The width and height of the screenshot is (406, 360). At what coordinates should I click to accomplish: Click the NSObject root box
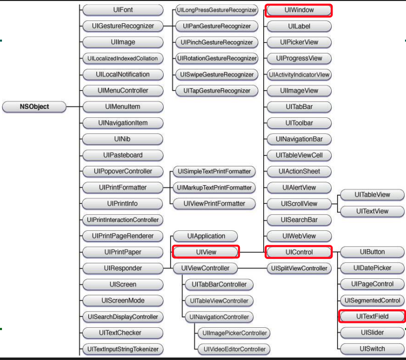tap(34, 106)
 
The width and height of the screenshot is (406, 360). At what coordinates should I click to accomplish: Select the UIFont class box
tap(122, 10)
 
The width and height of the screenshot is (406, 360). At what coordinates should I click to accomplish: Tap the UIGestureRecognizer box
tap(122, 26)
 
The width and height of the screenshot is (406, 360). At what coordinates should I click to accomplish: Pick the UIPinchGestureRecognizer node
tap(217, 42)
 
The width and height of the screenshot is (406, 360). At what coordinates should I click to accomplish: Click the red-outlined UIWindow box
tap(299, 10)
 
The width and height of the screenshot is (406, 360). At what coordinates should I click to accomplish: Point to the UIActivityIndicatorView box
tap(299, 74)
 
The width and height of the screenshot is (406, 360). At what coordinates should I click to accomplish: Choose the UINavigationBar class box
tap(299, 139)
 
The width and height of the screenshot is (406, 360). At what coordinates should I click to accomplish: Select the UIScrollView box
tap(299, 204)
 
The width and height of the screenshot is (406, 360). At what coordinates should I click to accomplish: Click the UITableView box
tap(372, 195)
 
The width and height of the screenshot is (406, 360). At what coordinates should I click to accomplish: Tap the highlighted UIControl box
tap(299, 252)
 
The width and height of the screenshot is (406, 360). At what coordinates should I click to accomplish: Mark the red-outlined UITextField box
tap(372, 316)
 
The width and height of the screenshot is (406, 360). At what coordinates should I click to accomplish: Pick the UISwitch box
tap(372, 349)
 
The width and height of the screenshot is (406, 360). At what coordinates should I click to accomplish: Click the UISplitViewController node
tap(299, 268)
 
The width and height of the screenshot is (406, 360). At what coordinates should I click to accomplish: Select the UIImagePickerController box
tap(233, 333)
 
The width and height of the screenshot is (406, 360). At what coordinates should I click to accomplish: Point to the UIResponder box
tap(122, 268)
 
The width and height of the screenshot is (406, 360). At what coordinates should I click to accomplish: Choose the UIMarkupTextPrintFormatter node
tap(214, 188)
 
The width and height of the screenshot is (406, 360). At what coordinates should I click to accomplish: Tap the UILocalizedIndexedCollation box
tap(122, 58)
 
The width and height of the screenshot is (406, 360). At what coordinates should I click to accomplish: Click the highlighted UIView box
tap(206, 252)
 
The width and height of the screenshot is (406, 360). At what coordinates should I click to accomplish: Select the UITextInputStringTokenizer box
tap(122, 349)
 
